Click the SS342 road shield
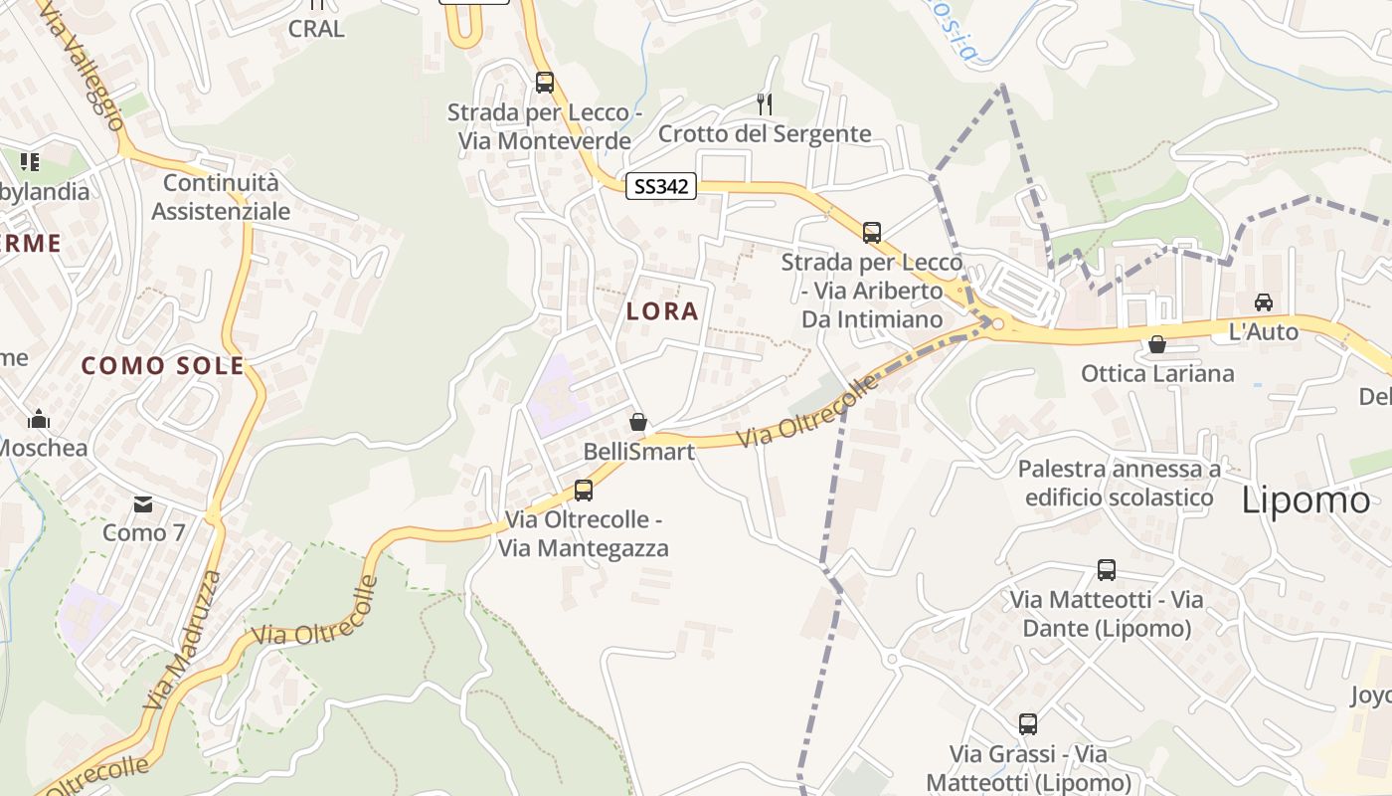coord(660,186)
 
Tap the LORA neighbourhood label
coord(662,311)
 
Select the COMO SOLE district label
coord(163,365)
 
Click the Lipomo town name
coord(1305,499)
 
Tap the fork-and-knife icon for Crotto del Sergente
coord(765,103)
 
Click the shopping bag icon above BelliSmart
coord(638,422)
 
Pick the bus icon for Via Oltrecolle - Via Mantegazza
coord(584,490)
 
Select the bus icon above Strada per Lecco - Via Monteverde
coord(545,83)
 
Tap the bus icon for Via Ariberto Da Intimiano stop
coord(872,233)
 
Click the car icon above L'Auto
coord(1263,302)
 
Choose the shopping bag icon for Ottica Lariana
coord(1157,344)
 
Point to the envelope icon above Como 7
coord(144,503)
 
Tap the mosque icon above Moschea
coord(39,418)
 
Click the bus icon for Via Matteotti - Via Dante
coord(1107,570)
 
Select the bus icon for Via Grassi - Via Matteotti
coord(1028,724)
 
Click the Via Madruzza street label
coord(183,640)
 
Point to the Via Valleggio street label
coord(84,65)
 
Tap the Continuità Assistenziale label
coord(221,197)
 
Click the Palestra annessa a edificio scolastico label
coord(1120,483)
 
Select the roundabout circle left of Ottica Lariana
coord(997,323)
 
